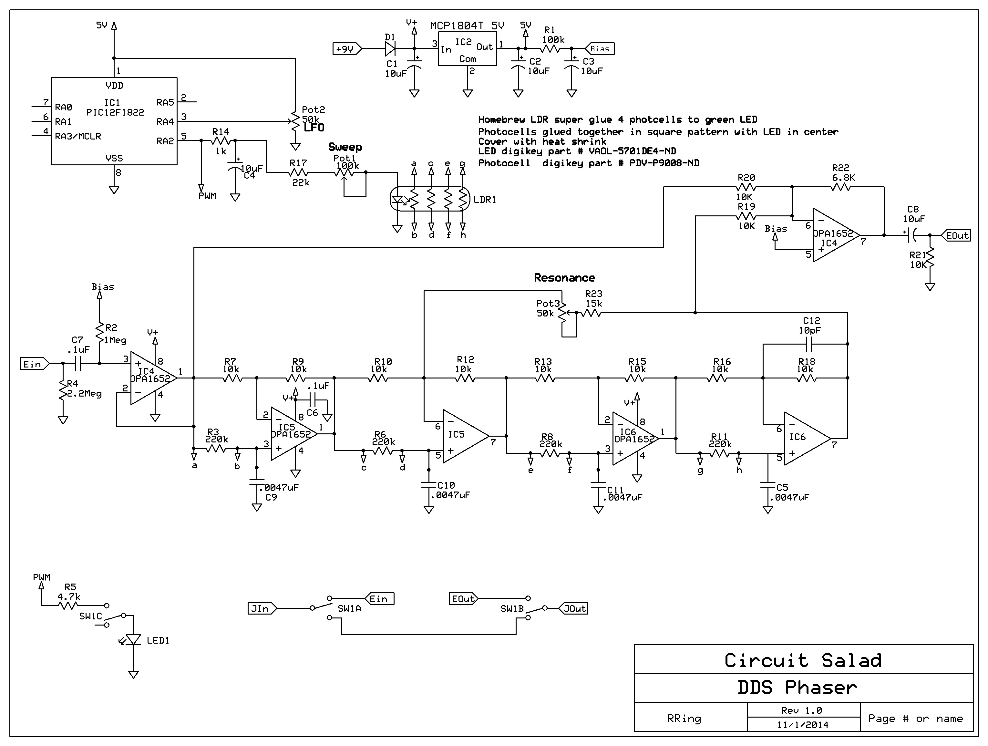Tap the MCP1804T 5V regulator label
coord(467,26)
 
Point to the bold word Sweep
coord(345,147)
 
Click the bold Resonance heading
coord(564,278)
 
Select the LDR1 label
coord(485,200)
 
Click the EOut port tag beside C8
coord(957,235)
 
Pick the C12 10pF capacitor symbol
coord(809,344)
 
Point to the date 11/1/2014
coord(803,725)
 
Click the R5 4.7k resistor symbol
coord(67,606)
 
